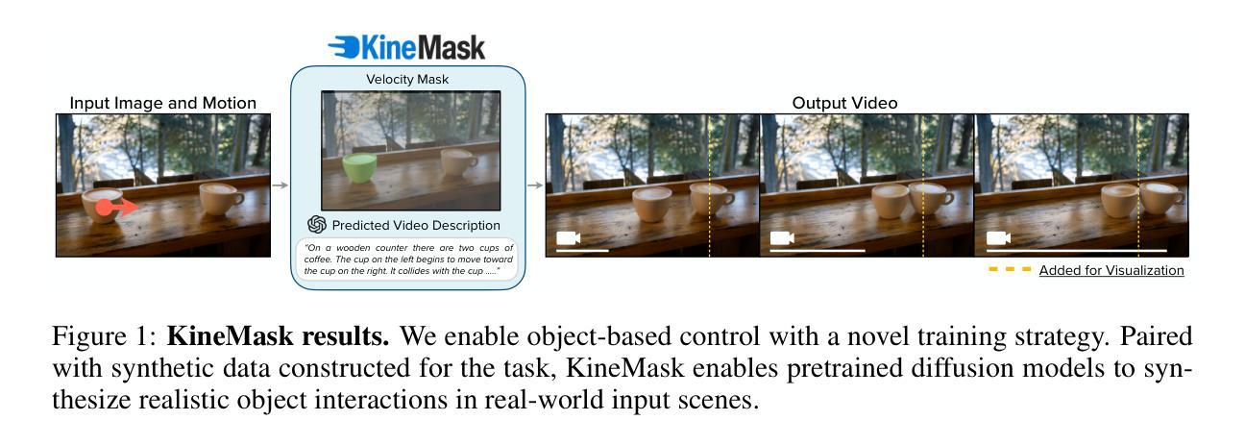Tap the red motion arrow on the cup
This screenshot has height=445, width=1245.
117,208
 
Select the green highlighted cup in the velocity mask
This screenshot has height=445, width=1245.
359,168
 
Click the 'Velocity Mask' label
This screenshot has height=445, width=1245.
407,80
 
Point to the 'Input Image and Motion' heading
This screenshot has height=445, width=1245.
163,103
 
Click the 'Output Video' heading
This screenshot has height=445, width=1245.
844,103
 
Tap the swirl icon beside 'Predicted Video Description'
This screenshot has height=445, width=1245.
317,225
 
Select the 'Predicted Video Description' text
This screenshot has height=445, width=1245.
416,225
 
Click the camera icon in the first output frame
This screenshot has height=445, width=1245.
568,238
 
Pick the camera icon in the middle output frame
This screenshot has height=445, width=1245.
782,238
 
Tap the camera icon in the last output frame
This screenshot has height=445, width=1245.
998,238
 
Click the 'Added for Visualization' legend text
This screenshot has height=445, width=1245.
1111,270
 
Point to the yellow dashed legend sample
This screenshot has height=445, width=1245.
1010,270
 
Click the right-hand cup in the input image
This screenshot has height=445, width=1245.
221,199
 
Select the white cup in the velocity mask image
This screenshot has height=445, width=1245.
458,161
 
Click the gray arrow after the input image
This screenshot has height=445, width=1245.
281,185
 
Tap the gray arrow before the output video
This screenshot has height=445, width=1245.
535,185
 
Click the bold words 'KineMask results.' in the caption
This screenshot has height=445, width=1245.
278,336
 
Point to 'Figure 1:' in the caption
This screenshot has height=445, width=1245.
105,336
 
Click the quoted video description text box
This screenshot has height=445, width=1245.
407,260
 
